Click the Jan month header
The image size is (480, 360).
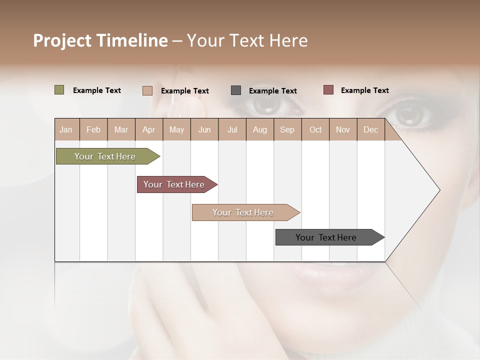(x=66, y=129)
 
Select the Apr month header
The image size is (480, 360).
(x=148, y=129)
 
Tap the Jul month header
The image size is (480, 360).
(x=232, y=129)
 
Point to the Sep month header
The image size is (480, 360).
(x=287, y=129)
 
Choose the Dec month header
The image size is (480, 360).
(x=370, y=129)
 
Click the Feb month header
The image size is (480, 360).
(x=93, y=129)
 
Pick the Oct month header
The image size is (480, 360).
(x=315, y=129)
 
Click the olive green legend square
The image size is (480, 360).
(x=59, y=90)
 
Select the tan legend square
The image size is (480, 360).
(x=147, y=90)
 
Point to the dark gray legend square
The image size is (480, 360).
(x=235, y=90)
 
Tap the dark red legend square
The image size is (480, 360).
(x=328, y=90)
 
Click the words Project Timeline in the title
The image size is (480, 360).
(x=100, y=40)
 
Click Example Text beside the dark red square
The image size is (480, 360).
(x=364, y=90)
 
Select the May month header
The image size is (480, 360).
(x=176, y=129)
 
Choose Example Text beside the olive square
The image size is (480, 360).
(x=96, y=90)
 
